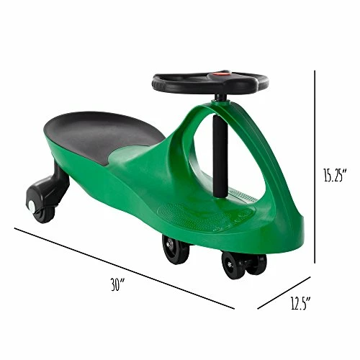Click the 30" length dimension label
pyautogui.click(x=117, y=284)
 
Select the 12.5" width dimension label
pyautogui.click(x=301, y=303)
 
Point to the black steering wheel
pyautogui.click(x=210, y=83)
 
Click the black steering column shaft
pyautogui.click(x=220, y=156)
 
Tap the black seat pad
pyautogui.click(x=102, y=135)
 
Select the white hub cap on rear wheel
pyautogui.click(x=32, y=205)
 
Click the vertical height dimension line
pyautogui.click(x=315, y=167)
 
